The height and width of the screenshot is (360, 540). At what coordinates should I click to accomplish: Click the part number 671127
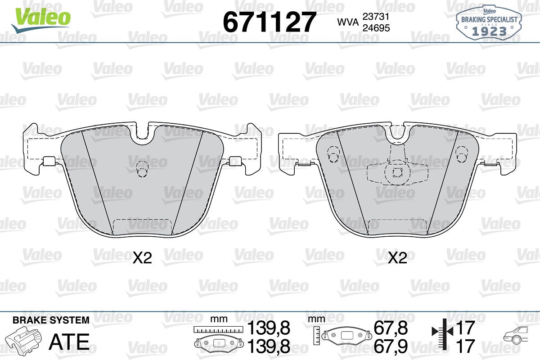click(x=270, y=22)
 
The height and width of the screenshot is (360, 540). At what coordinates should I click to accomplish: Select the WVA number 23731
click(x=376, y=17)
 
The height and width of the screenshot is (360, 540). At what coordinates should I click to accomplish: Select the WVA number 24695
click(x=376, y=28)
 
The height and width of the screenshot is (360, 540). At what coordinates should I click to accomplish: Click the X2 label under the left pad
click(x=142, y=258)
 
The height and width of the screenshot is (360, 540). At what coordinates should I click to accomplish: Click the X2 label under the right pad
click(x=397, y=258)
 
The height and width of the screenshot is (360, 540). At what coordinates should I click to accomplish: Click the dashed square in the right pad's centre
click(x=397, y=172)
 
